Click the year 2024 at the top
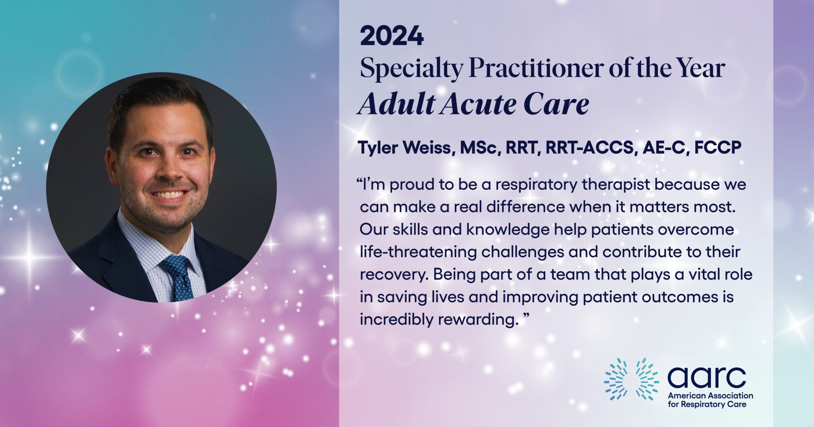point(392,36)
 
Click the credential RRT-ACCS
point(589,148)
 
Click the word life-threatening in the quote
point(419,252)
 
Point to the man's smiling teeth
point(170,195)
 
